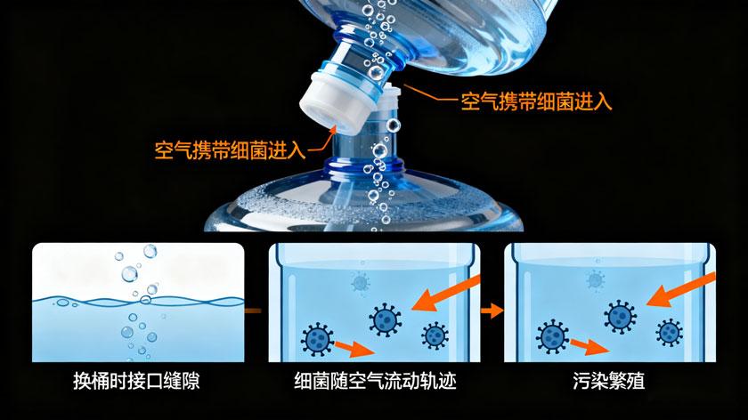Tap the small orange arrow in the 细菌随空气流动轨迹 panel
click(x=353, y=347)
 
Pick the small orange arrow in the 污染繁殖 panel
click(x=589, y=345)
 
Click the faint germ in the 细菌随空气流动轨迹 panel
click(x=360, y=282)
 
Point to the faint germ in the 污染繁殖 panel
click(x=595, y=279)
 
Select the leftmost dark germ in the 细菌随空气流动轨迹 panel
click(x=318, y=339)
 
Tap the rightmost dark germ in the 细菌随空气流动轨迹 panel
click(x=435, y=335)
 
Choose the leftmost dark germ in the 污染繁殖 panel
click(x=552, y=337)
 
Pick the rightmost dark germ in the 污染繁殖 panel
click(x=669, y=333)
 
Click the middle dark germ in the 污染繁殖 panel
click(x=621, y=316)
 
